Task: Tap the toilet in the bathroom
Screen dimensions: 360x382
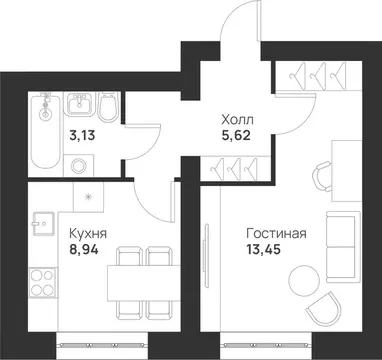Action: click(110, 106)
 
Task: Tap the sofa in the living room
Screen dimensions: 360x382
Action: click(343, 246)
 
